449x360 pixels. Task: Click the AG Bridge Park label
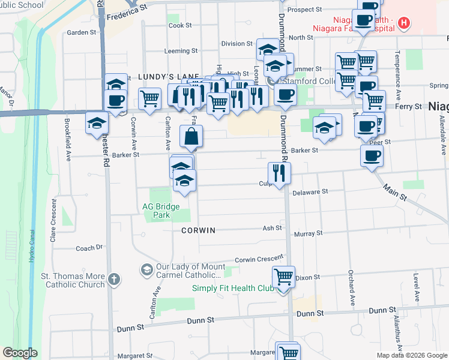pyautogui.click(x=160, y=210)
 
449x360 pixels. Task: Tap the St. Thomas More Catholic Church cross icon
pyautogui.click(x=115, y=279)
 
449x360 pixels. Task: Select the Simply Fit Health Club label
pyautogui.click(x=232, y=288)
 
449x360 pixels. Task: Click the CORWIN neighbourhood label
pyautogui.click(x=198, y=230)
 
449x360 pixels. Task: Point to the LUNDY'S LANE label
pyautogui.click(x=160, y=77)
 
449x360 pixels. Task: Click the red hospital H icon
pyautogui.click(x=405, y=24)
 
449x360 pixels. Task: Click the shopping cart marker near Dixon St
pyautogui.click(x=284, y=277)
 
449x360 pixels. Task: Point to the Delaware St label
pyautogui.click(x=310, y=192)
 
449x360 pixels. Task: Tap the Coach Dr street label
pyautogui.click(x=89, y=247)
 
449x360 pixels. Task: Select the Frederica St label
pyautogui.click(x=127, y=10)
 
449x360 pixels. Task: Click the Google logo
pyautogui.click(x=20, y=353)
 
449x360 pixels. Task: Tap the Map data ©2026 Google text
pyautogui.click(x=411, y=355)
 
